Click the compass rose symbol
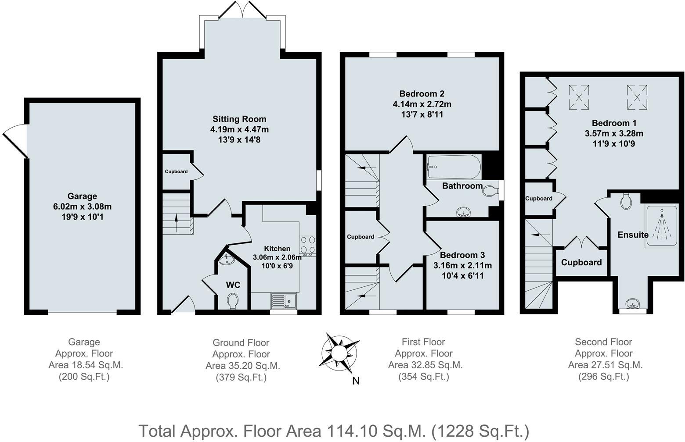click(339, 353)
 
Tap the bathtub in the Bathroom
click(454, 167)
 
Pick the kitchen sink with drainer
click(284, 301)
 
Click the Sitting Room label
click(239, 119)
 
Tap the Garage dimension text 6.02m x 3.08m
click(82, 207)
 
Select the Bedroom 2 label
click(422, 93)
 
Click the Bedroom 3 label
click(462, 255)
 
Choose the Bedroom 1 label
click(614, 123)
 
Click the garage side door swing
click(15, 141)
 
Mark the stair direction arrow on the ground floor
click(176, 221)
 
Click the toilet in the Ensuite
click(627, 201)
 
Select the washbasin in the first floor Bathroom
click(464, 212)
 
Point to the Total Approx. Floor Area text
click(334, 431)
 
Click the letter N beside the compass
click(356, 381)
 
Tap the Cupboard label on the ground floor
click(176, 171)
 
